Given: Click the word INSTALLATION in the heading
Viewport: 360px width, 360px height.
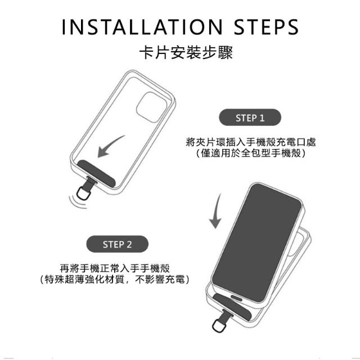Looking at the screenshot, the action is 142,27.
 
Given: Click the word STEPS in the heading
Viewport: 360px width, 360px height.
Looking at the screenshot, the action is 266,27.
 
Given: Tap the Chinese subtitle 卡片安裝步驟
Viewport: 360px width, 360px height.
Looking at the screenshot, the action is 186,52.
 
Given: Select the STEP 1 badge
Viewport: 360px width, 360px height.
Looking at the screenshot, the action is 250,118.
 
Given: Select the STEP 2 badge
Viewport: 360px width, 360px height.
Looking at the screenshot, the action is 118,244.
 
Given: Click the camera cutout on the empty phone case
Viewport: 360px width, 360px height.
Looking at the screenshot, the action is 151,107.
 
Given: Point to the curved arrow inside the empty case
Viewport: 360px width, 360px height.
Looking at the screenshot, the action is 109,146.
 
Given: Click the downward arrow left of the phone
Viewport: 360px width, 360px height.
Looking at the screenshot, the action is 216,211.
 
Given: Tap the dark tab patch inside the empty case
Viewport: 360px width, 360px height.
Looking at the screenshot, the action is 96,173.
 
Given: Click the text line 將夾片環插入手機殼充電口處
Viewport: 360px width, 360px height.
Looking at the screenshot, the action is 251,142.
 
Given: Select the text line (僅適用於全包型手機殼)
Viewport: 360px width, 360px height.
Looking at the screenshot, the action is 251,153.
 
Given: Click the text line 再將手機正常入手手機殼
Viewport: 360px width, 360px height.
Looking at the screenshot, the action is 115,268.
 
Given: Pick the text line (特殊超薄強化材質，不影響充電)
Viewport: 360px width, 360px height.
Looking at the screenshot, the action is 115,279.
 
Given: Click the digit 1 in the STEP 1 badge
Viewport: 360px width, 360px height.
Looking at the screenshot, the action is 262,118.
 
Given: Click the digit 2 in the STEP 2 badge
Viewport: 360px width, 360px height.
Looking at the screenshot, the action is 129,245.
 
